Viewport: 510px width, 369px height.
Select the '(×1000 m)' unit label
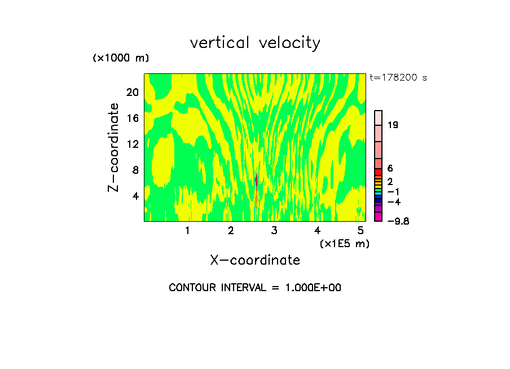tap(121, 58)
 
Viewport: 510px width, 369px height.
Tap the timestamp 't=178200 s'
tap(398, 78)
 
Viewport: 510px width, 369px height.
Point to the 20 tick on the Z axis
tap(132, 92)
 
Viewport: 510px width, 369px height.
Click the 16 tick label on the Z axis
tap(132, 118)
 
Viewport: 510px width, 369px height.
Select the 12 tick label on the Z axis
tap(132, 144)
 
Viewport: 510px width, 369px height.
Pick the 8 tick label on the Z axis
tap(135, 170)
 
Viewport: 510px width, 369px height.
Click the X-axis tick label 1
tap(187, 230)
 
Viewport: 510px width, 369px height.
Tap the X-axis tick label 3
tap(274, 230)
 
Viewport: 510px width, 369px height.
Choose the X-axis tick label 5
tap(360, 230)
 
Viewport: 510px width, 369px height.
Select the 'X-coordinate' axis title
tap(255, 260)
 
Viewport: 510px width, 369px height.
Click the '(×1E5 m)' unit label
tap(345, 244)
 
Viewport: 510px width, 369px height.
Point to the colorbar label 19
tap(393, 125)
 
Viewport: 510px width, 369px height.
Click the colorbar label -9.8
tap(398, 221)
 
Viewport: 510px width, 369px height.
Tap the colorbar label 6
tap(390, 169)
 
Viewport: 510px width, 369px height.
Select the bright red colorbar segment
tap(379, 172)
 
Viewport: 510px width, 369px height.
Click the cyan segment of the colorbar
tap(379, 192)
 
